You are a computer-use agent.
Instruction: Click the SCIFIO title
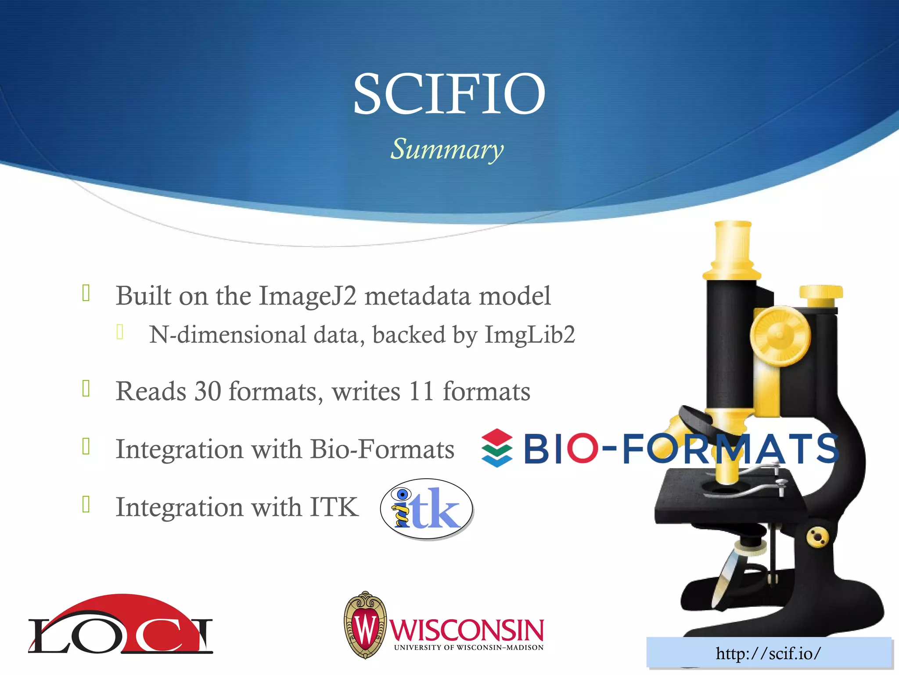(x=449, y=94)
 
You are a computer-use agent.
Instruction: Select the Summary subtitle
(x=447, y=149)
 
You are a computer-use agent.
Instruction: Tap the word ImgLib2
(x=529, y=335)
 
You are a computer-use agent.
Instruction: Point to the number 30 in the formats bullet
(x=207, y=391)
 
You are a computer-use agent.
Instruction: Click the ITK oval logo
(x=426, y=508)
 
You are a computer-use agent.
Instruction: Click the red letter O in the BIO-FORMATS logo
(x=582, y=448)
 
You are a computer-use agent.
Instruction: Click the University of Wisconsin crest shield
(x=365, y=625)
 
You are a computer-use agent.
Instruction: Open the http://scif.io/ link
(x=768, y=653)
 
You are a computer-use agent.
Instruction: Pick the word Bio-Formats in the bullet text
(x=382, y=449)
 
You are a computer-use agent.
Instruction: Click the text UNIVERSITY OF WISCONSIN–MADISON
(x=468, y=648)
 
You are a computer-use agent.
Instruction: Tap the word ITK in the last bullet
(x=334, y=507)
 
